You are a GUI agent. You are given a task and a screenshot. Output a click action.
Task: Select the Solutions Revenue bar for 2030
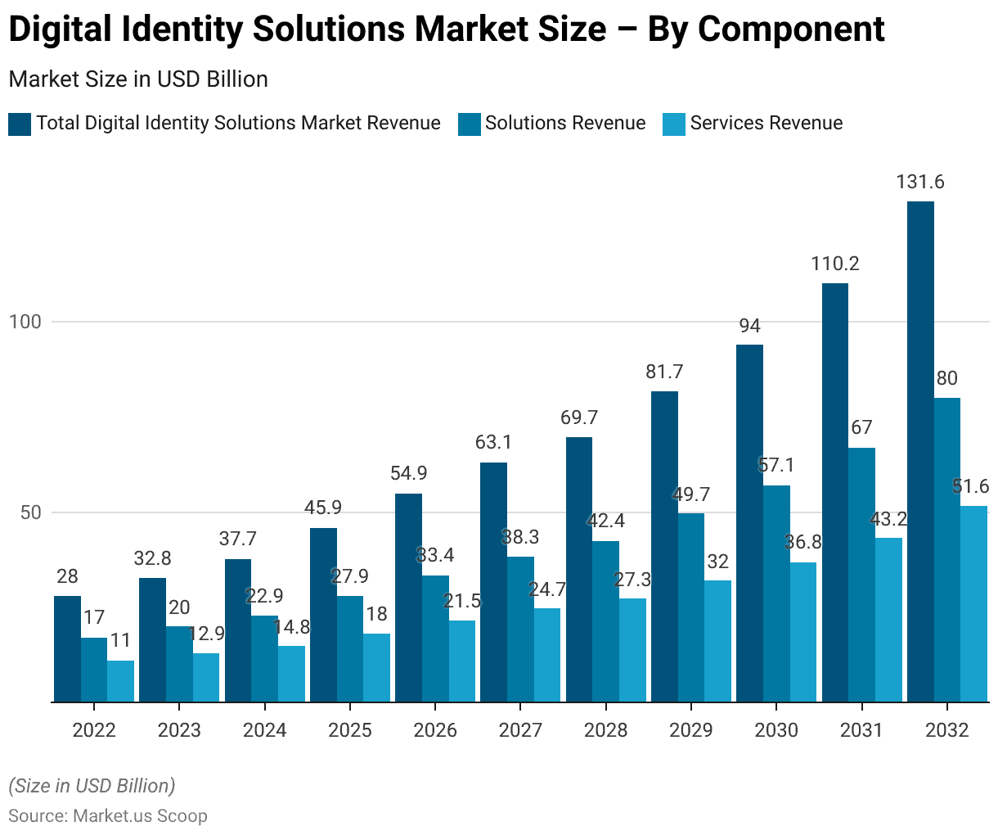(x=776, y=594)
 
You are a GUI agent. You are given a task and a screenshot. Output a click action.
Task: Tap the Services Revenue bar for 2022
(x=120, y=681)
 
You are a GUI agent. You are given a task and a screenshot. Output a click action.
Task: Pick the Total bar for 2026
(x=408, y=598)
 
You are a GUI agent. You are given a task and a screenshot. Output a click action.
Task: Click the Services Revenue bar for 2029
(x=717, y=641)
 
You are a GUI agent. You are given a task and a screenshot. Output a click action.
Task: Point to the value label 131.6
(x=920, y=182)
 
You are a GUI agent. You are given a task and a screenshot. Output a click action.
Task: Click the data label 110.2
(x=835, y=264)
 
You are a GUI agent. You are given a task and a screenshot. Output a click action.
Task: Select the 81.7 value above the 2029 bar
(x=664, y=372)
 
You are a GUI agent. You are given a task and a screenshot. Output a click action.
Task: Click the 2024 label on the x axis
(x=265, y=730)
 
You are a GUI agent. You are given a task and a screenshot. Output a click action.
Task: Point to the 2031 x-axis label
(x=861, y=730)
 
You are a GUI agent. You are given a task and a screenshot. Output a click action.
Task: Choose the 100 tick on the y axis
(x=25, y=322)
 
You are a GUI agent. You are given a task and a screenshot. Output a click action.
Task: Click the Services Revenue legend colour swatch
(x=674, y=124)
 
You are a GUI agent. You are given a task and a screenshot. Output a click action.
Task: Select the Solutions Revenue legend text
(x=565, y=123)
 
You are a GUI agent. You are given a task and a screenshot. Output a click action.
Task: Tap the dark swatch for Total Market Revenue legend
(x=20, y=124)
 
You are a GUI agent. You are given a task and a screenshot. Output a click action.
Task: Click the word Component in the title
(x=791, y=29)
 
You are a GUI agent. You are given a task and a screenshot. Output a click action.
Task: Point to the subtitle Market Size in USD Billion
(x=138, y=79)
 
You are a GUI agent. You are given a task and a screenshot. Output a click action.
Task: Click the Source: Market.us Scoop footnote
(x=108, y=815)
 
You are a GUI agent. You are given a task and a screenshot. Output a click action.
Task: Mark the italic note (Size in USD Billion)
(x=92, y=786)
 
